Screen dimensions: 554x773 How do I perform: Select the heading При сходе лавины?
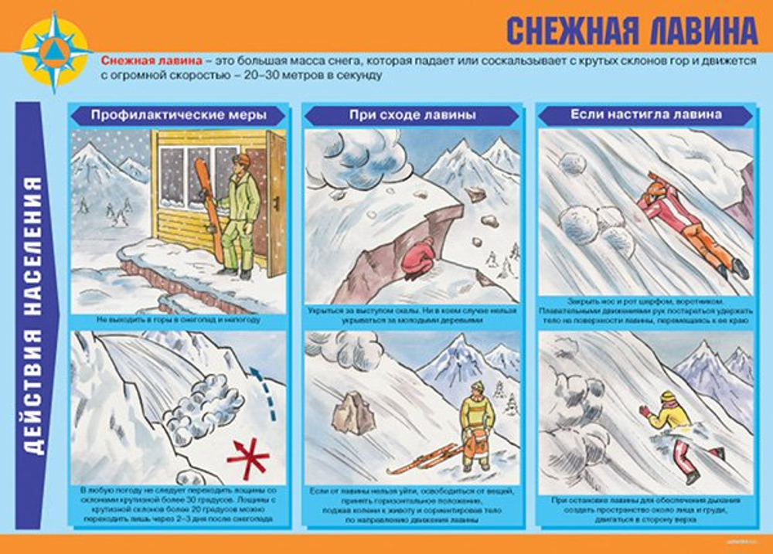pos(412,115)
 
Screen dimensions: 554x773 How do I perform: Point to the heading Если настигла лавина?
pos(646,114)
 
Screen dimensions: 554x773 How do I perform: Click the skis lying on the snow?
pos(422,460)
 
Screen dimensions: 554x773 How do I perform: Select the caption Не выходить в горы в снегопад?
pos(178,319)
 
